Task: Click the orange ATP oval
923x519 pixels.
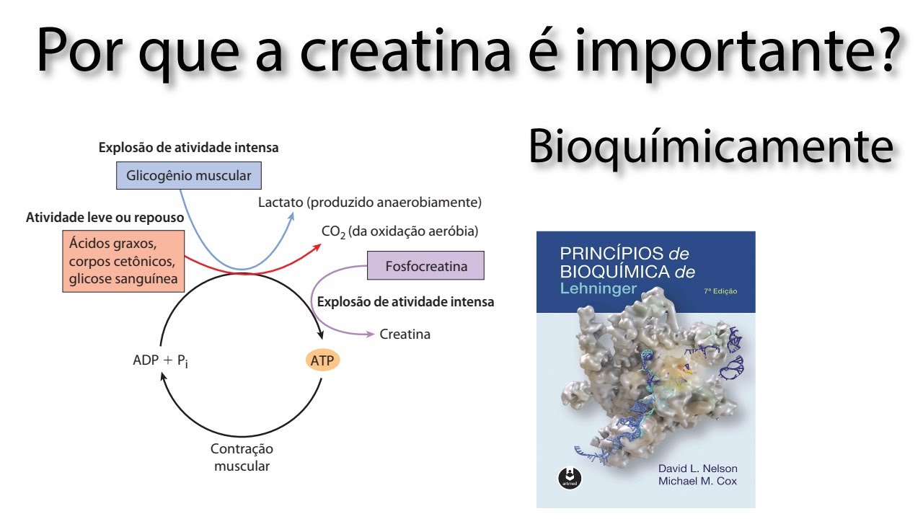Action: click(322, 360)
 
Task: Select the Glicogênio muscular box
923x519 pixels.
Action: click(189, 175)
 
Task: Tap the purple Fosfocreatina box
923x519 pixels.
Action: click(425, 266)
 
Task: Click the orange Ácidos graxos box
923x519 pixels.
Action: click(123, 261)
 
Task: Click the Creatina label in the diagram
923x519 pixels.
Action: click(405, 334)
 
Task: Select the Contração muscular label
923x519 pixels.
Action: click(242, 457)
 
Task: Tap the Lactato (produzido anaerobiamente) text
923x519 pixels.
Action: click(370, 203)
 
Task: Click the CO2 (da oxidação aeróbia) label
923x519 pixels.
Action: click(399, 231)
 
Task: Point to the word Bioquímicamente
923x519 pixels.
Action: click(710, 146)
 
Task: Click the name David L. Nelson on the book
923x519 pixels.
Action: click(697, 468)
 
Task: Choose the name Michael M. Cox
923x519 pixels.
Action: click(697, 481)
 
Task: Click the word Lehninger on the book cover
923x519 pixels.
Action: click(599, 289)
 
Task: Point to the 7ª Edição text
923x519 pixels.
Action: click(720, 291)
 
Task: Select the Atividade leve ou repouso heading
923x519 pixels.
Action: click(105, 217)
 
